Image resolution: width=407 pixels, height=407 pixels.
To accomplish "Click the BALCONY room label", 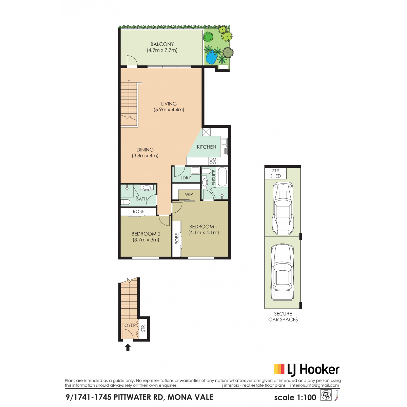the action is pyautogui.click(x=162, y=44).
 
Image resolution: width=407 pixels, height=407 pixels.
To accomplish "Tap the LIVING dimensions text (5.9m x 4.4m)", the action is pyautogui.click(x=169, y=110).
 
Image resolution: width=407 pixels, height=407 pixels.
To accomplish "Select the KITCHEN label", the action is pyautogui.click(x=206, y=147).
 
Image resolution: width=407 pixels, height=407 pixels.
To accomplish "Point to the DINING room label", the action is pyautogui.click(x=145, y=150).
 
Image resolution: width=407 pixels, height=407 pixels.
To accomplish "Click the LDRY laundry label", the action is pyautogui.click(x=186, y=178).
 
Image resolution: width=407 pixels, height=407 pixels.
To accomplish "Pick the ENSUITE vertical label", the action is pyautogui.click(x=214, y=177).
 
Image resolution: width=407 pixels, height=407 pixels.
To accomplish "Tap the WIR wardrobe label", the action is pyautogui.click(x=189, y=194).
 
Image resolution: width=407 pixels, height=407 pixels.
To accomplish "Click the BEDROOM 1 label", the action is pyautogui.click(x=203, y=227).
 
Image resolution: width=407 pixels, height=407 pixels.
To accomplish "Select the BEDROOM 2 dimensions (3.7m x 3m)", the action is pyautogui.click(x=146, y=240).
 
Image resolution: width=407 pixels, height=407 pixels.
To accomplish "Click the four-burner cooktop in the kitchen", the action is pyautogui.click(x=213, y=161).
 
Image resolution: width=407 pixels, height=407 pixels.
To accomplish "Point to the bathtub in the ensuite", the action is pyautogui.click(x=222, y=177).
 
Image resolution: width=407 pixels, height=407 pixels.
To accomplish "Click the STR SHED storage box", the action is pyautogui.click(x=276, y=173).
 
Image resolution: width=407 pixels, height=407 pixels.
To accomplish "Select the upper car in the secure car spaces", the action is pyautogui.click(x=283, y=208).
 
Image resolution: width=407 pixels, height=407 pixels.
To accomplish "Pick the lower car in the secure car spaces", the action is pyautogui.click(x=283, y=272).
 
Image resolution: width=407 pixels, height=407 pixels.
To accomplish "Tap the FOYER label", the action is pyautogui.click(x=129, y=325).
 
